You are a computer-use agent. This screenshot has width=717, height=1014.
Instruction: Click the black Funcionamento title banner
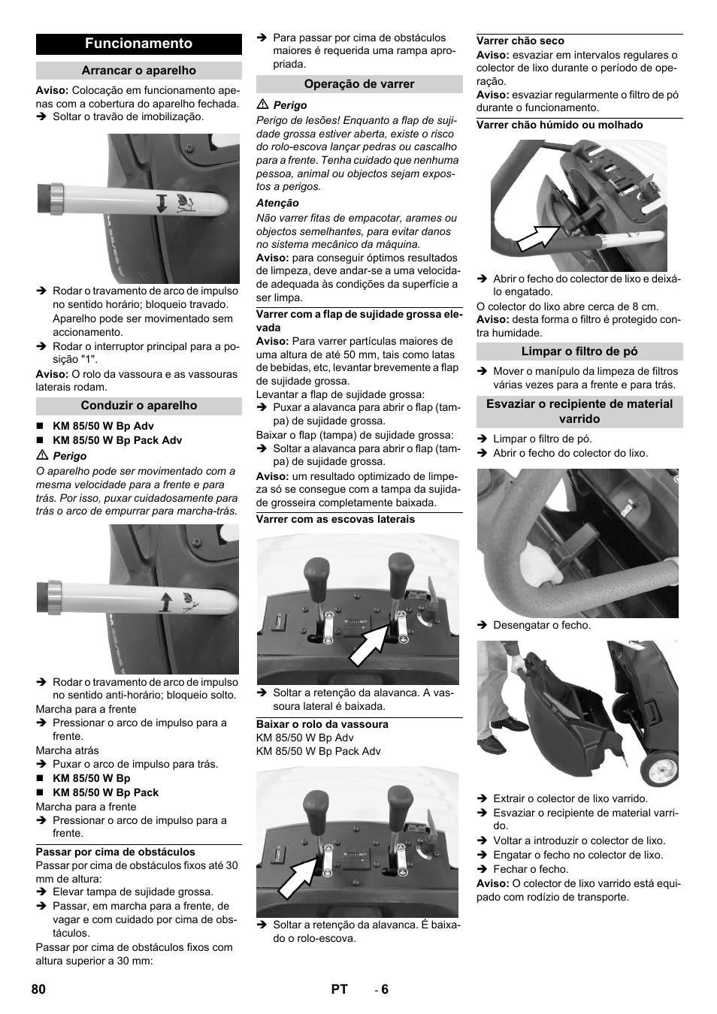[138, 44]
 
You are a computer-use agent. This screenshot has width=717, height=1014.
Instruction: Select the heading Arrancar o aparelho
[138, 71]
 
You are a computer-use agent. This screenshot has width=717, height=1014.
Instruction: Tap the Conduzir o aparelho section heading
[138, 406]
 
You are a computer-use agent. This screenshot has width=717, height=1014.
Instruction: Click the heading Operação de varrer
[359, 84]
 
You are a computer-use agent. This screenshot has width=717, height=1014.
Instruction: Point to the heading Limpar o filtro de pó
[579, 352]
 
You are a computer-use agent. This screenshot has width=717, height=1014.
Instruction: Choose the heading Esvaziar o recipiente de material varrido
[579, 411]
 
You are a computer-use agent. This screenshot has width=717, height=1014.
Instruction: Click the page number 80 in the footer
[39, 989]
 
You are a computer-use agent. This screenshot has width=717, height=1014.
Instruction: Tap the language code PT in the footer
[339, 989]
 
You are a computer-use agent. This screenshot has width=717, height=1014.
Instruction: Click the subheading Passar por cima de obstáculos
[115, 852]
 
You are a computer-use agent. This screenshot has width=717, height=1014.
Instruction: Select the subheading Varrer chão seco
[520, 41]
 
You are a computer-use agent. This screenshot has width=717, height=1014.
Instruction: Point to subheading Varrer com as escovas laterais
[335, 519]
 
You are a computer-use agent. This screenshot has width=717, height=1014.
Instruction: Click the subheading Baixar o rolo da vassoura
[322, 724]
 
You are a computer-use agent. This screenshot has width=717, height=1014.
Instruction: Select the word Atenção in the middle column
[277, 203]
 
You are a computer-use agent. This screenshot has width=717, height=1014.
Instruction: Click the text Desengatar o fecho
[541, 625]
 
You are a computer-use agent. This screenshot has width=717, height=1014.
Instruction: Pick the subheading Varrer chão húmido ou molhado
[559, 125]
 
